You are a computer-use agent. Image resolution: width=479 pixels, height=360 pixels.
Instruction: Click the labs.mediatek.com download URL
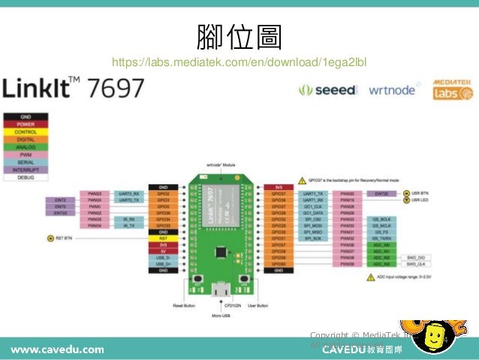pyautogui.click(x=239, y=61)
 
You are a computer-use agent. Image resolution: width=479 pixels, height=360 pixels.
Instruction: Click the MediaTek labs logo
pyautogui.click(x=452, y=90)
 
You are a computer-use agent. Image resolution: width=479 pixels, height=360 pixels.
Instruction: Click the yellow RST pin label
pyautogui.click(x=163, y=238)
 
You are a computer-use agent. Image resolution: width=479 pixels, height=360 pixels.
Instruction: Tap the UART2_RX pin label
pyautogui.click(x=130, y=193)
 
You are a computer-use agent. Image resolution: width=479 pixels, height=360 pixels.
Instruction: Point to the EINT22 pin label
pyautogui.click(x=61, y=213)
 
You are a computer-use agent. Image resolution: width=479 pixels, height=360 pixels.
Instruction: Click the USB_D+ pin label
pyautogui.click(x=163, y=264)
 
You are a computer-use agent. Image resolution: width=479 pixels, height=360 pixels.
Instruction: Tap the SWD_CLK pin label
pyautogui.click(x=416, y=264)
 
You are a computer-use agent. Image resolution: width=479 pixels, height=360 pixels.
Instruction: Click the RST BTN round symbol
pyautogui.click(x=51, y=238)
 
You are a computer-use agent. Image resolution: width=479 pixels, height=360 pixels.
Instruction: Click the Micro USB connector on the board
pyautogui.click(x=221, y=288)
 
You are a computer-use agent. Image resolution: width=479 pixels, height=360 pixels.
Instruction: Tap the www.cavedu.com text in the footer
pyautogui.click(x=56, y=349)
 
